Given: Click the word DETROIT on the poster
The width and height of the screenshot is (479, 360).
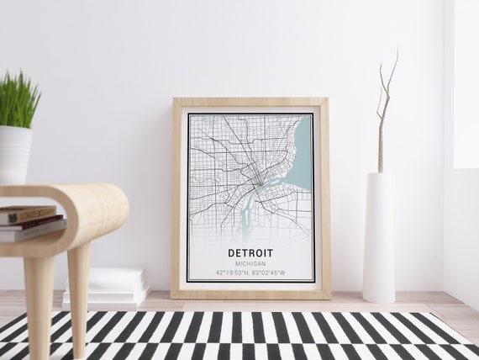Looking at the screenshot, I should pos(250,252).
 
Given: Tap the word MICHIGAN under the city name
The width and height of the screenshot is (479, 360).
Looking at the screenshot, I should pos(250,263).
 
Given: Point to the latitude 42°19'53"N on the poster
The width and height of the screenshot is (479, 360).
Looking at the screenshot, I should pos(233,273).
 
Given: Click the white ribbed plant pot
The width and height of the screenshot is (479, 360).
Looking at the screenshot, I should pos(14,154).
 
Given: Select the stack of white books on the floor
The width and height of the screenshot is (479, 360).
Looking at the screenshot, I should pos(109,286).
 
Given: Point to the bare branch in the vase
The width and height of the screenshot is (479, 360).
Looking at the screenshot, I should pos(384,109).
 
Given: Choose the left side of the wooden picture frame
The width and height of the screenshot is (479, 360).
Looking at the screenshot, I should pos(177,198).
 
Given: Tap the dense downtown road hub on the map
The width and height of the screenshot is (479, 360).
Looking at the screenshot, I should pos(253,177).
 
